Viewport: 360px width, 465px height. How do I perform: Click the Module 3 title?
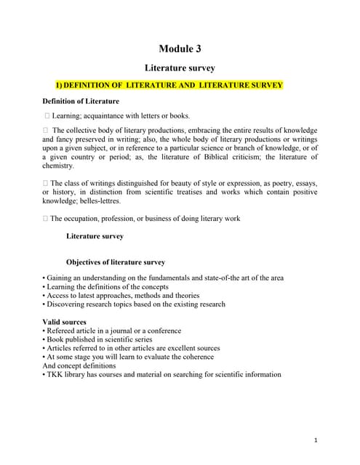180,49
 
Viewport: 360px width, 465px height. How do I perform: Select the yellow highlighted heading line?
175,86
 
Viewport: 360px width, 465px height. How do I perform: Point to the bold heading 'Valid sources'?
64,322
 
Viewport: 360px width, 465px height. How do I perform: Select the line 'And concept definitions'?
79,366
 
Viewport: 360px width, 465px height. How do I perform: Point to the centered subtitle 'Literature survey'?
180,69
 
